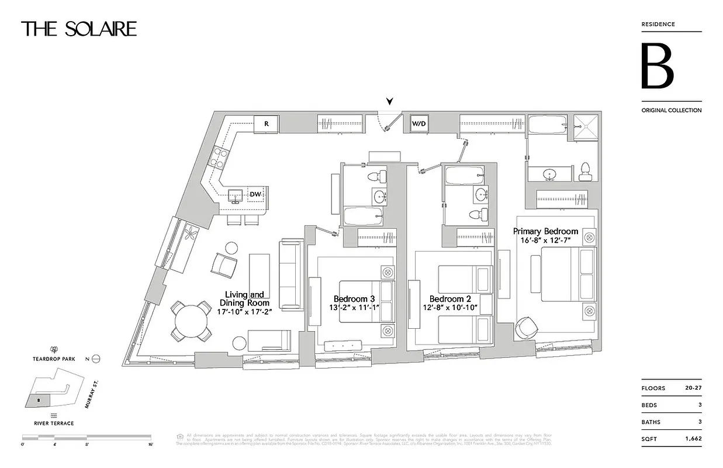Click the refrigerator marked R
pos(266,124)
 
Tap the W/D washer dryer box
pos(419,124)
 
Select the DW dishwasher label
pos(255,195)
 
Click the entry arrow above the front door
pos(389,102)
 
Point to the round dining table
pos(191,321)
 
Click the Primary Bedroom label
pos(545,231)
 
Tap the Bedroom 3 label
pos(354,298)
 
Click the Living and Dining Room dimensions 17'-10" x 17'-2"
pos(244,312)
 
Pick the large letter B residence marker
pos(658,66)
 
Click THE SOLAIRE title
pos(79,29)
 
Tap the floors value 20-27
pos(693,388)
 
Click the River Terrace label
pos(53,423)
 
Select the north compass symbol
pos(96,359)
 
